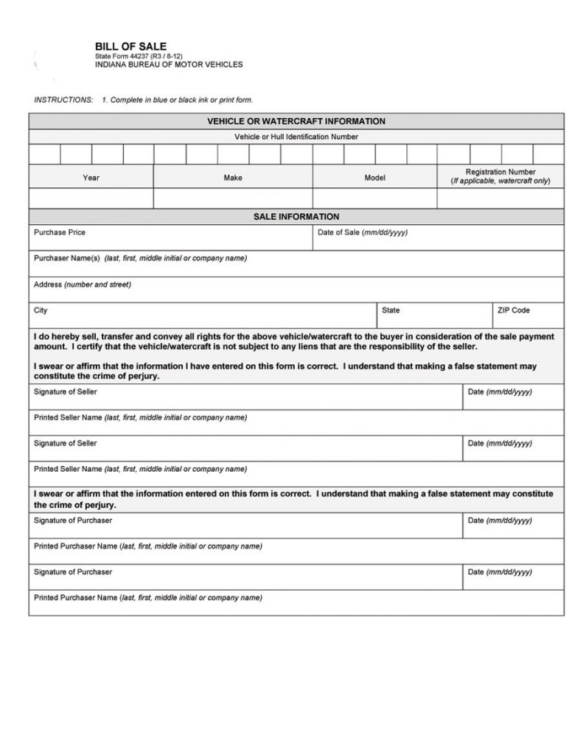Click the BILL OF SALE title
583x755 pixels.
click(x=130, y=46)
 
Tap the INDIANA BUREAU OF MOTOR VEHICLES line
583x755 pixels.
click(x=169, y=65)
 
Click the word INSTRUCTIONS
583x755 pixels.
click(x=63, y=100)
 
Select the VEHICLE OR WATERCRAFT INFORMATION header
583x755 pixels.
click(x=296, y=121)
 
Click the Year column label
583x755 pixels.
click(x=91, y=178)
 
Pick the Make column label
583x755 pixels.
click(x=233, y=178)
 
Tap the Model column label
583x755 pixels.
click(x=375, y=178)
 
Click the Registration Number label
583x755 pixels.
click(x=500, y=173)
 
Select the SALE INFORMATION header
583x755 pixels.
click(x=296, y=217)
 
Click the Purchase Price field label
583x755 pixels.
click(x=60, y=233)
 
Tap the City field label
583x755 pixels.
click(x=41, y=310)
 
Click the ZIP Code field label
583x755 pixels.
click(x=514, y=310)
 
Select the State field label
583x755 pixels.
click(x=391, y=310)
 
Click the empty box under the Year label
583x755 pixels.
click(x=91, y=198)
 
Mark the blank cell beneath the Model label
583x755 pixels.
click(x=375, y=198)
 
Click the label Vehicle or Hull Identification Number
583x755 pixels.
click(x=296, y=137)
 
